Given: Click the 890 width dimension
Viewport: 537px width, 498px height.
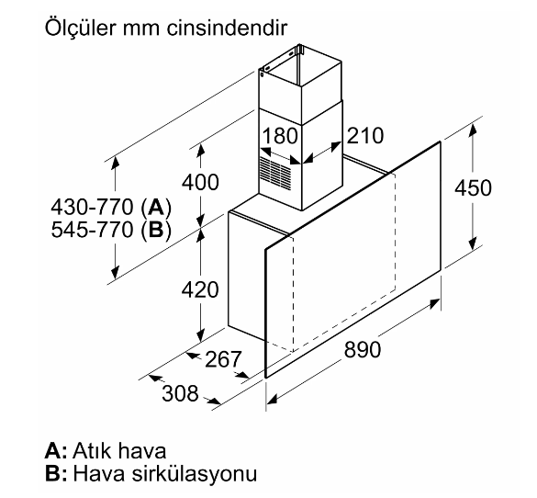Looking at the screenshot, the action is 363,349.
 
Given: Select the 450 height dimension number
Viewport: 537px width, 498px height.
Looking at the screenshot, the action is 473,187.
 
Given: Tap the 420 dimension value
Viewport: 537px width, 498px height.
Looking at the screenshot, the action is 200,289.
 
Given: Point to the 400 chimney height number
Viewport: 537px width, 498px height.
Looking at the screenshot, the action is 200,182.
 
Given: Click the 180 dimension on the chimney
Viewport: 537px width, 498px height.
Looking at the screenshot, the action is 280,135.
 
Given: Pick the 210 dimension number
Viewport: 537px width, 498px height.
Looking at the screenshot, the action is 365,135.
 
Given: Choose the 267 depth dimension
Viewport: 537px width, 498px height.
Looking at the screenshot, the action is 223,359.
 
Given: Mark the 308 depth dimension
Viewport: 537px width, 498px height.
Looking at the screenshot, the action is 180,393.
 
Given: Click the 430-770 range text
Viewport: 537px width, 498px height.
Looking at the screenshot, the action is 92,207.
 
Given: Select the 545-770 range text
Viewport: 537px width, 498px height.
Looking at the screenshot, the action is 92,229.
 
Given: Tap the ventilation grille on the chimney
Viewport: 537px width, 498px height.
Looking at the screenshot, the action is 275,174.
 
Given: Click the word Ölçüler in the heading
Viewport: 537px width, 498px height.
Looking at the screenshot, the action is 81,28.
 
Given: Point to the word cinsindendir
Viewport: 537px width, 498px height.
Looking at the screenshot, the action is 227,28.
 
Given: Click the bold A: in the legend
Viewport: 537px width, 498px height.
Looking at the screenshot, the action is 56,450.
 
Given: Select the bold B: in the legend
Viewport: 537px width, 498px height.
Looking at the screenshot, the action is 56,473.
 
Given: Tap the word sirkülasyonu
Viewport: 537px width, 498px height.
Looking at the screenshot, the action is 195,475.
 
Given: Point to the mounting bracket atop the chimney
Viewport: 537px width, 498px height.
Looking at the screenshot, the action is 300,49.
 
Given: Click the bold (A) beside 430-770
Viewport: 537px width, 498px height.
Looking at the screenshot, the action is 156,208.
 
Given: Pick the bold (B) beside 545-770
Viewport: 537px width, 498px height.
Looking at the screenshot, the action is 156,230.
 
